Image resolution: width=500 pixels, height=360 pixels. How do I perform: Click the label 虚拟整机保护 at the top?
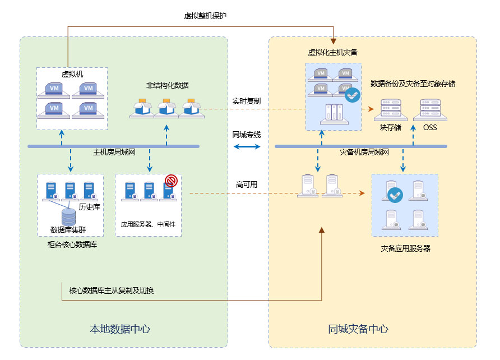(x=205, y=16)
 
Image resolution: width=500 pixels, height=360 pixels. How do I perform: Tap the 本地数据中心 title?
(x=120, y=329)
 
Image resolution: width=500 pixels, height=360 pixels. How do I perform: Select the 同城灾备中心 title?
(x=358, y=329)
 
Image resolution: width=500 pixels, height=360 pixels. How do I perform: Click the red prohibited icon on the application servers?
(x=171, y=181)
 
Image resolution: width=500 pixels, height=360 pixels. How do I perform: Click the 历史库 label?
(x=89, y=207)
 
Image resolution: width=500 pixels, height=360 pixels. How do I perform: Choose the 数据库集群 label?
(x=68, y=230)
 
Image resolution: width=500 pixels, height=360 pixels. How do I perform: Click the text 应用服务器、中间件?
(x=148, y=224)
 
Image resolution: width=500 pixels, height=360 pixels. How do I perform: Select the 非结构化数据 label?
(x=168, y=85)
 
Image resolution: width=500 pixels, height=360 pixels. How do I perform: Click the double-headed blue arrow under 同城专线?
(x=247, y=147)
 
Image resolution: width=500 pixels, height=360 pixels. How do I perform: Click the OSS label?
(x=430, y=128)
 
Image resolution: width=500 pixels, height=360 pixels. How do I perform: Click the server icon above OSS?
(x=430, y=111)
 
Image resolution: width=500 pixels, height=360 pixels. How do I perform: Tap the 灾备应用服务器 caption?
(x=405, y=248)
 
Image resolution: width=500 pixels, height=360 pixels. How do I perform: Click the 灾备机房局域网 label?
(x=364, y=152)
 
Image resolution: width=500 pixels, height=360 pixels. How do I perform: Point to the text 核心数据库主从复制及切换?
(x=112, y=290)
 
